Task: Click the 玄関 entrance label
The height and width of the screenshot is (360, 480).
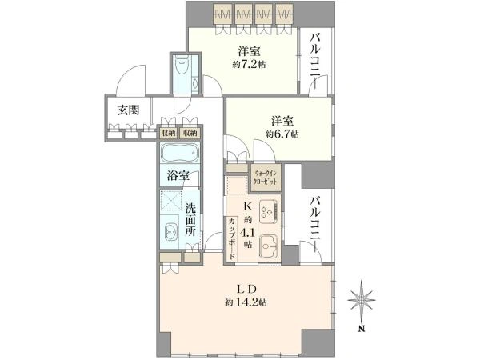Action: (129, 110)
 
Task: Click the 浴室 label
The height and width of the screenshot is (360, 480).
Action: (178, 175)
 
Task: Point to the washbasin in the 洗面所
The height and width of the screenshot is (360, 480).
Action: (170, 233)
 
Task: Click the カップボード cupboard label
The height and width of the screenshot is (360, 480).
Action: (232, 238)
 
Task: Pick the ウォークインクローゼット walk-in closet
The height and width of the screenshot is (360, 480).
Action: (265, 178)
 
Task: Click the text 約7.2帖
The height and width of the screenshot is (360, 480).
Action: (249, 65)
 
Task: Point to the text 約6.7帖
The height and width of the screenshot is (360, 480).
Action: (282, 134)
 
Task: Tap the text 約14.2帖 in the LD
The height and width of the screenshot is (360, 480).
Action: (246, 302)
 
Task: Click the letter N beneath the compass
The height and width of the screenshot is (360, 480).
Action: (362, 330)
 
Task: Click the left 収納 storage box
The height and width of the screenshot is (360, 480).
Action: (168, 133)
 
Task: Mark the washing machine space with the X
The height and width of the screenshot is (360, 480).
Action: (171, 201)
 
